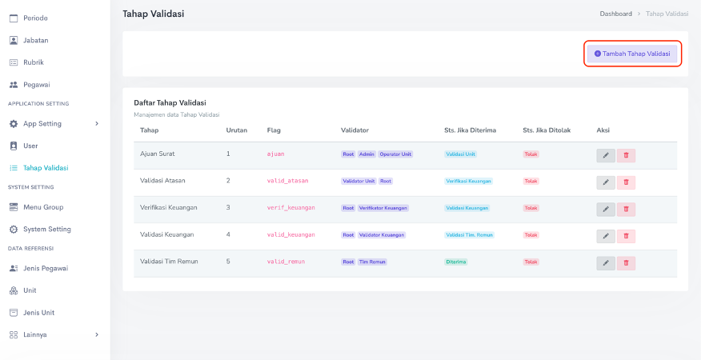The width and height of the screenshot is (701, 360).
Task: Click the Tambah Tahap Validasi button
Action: pyautogui.click(x=632, y=54)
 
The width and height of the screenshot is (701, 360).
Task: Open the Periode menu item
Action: pyautogui.click(x=34, y=18)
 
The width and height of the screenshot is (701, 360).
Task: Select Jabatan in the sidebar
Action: pyautogui.click(x=35, y=40)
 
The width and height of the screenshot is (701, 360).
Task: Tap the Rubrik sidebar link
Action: pyautogui.click(x=33, y=62)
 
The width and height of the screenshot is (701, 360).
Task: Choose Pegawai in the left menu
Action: pyautogui.click(x=36, y=85)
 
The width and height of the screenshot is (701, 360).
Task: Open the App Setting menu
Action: pyautogui.click(x=42, y=124)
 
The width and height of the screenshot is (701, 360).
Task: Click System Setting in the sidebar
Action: pyautogui.click(x=46, y=230)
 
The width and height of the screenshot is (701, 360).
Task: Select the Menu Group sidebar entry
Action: pyautogui.click(x=42, y=207)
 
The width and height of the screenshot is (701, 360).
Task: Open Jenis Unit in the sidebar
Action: pyautogui.click(x=38, y=313)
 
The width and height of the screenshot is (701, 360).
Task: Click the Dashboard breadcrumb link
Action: pyautogui.click(x=615, y=14)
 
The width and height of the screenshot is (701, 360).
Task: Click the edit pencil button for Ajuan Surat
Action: pyautogui.click(x=606, y=155)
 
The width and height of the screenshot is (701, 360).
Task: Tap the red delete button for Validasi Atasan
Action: pyautogui.click(x=626, y=182)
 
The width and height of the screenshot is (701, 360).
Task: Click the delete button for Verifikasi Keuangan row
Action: pyautogui.click(x=626, y=209)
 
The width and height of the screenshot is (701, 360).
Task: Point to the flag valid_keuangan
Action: pyautogui.click(x=290, y=235)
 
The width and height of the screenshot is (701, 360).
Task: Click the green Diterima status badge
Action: pyautogui.click(x=456, y=262)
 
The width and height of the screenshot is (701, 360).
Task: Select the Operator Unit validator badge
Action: pyautogui.click(x=395, y=154)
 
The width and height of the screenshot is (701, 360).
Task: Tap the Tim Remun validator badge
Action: pyautogui.click(x=372, y=262)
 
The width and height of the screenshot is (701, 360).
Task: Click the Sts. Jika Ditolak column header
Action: pyautogui.click(x=546, y=130)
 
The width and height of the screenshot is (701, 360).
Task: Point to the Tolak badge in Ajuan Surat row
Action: pyautogui.click(x=531, y=154)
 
